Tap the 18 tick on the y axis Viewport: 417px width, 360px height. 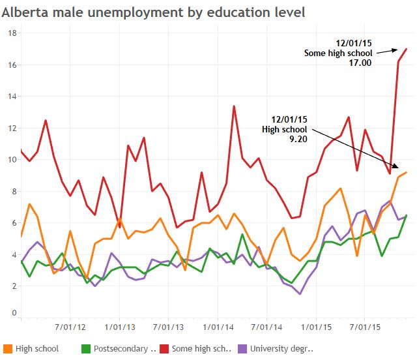point(10,33)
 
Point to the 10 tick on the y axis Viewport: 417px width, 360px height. point(10,159)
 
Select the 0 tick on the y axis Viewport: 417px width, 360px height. point(13,313)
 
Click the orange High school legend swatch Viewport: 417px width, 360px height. point(8,348)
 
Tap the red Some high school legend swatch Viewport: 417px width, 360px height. point(164,348)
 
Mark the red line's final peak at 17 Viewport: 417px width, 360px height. point(407,49)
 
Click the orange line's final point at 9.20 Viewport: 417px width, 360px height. point(407,172)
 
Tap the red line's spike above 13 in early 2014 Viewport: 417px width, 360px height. point(234,106)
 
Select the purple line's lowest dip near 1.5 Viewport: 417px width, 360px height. point(300,293)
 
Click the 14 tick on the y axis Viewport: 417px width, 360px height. point(10,96)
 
